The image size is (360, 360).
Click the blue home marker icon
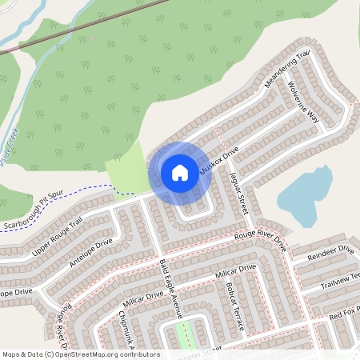click(180, 173)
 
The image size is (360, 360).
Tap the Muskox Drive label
click(219, 161)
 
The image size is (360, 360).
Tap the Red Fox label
click(345, 311)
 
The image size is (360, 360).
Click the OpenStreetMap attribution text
click(81, 354)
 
